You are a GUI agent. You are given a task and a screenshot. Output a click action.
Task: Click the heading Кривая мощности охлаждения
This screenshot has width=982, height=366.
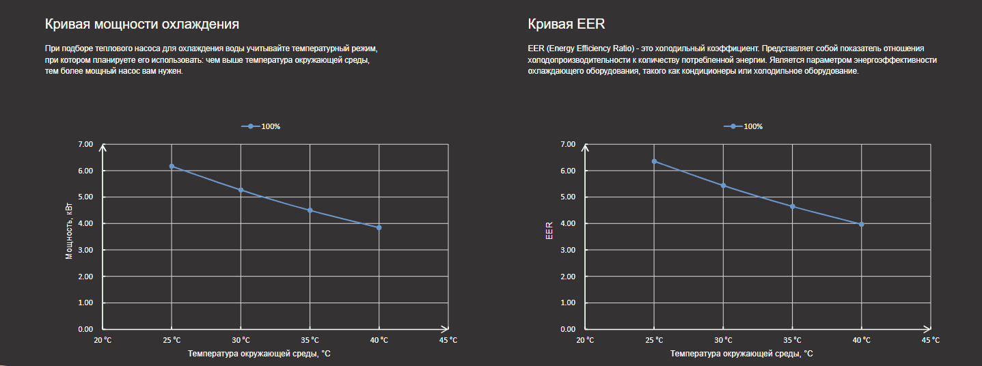coord(141,25)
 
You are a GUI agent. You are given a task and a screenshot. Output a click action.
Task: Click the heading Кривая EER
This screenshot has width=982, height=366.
coord(566,25)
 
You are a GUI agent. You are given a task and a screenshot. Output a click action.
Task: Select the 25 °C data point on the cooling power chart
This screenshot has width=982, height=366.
coord(172,166)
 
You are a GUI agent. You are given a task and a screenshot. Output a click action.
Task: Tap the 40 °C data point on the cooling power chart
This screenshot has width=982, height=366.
coord(379,227)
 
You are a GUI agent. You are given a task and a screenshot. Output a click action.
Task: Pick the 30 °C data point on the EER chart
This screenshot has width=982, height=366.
coord(723,186)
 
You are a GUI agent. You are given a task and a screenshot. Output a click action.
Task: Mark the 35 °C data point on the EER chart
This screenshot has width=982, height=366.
coord(792,206)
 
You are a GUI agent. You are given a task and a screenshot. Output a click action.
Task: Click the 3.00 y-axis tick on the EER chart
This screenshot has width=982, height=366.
coord(568,250)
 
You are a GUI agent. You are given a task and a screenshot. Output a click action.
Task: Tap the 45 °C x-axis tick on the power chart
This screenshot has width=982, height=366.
coord(448,340)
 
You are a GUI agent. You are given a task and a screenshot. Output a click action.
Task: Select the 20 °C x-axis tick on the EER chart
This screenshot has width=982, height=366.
coord(586,340)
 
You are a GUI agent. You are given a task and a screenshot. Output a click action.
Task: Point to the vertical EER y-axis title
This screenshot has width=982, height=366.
coord(549,231)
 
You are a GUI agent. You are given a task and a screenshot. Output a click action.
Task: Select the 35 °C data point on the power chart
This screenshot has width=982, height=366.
coord(310,210)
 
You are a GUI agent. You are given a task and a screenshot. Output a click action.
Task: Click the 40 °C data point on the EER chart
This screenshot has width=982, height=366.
coord(861,224)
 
